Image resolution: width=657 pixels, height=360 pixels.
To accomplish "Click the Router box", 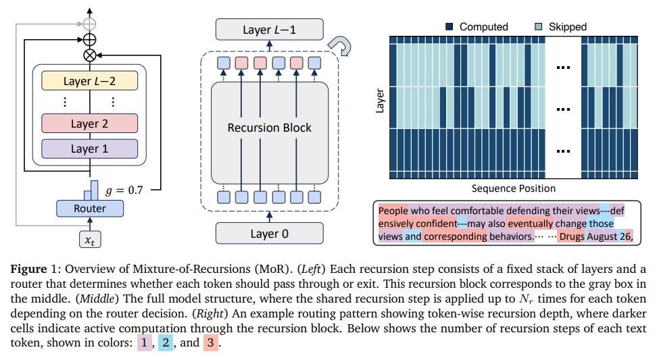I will [90, 209].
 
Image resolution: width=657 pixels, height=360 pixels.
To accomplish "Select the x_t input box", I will [90, 240].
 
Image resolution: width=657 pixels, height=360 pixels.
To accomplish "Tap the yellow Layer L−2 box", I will [90, 81].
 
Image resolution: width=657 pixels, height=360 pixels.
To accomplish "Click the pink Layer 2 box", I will [90, 124].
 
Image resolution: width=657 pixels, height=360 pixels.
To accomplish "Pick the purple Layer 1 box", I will [90, 149].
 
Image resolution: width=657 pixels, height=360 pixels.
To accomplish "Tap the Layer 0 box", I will [270, 233].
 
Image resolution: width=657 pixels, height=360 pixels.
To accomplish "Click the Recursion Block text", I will [270, 127].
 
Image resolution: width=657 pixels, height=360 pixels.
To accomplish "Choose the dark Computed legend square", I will [450, 27].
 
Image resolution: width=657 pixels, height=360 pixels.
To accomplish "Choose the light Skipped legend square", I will [539, 27].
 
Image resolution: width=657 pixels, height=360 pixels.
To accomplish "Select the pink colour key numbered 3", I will [211, 342].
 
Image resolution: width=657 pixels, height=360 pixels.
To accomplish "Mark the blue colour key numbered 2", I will [166, 342].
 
